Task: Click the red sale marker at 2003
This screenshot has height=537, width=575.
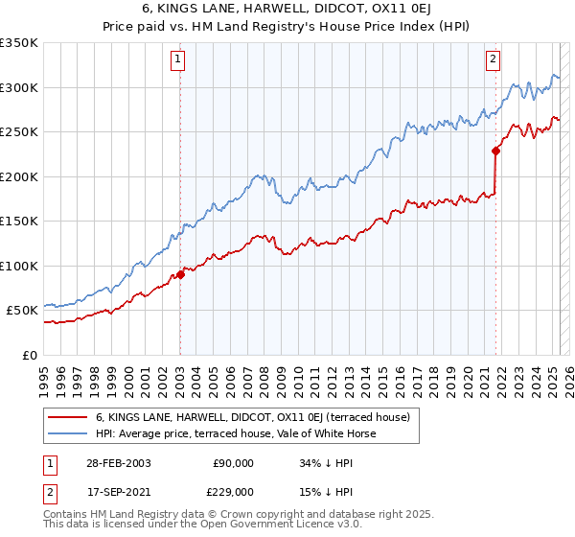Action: [180, 275]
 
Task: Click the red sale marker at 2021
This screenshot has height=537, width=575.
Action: [495, 151]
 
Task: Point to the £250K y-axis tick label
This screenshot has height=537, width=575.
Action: [19, 132]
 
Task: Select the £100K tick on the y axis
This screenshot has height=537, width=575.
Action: [19, 266]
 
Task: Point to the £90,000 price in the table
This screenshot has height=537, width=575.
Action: [233, 462]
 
